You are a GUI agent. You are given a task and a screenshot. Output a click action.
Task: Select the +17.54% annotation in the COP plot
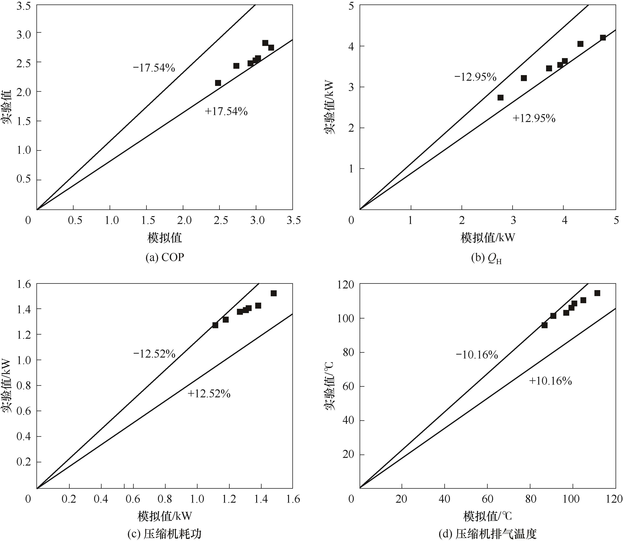[x=226, y=112]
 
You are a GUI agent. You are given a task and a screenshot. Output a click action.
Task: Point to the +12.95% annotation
[x=534, y=118]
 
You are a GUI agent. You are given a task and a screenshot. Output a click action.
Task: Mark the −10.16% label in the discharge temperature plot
[x=477, y=355]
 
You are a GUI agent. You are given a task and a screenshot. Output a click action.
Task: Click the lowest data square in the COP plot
[x=218, y=83]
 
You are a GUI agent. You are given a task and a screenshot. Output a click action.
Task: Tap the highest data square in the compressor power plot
[x=274, y=293]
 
